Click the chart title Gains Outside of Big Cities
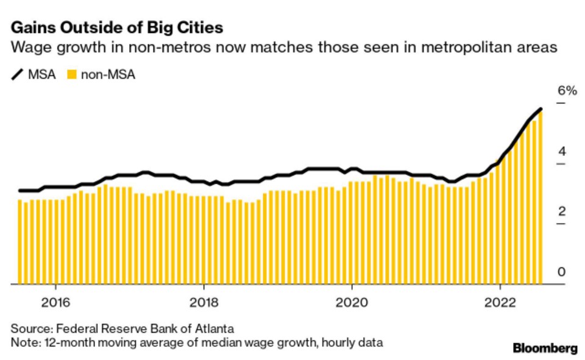116,27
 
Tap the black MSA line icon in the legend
18,75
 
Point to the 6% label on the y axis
566,91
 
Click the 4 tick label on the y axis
562,151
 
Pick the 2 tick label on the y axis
562,211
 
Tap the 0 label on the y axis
562,272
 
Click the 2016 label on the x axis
55,303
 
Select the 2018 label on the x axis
204,303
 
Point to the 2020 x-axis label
352,303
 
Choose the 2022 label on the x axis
500,303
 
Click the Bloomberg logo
545,348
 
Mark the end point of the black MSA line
541,109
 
